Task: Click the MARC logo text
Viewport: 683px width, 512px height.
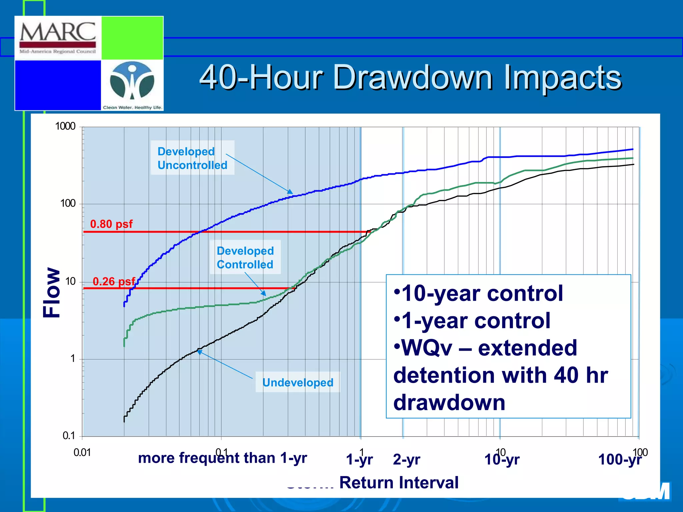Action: (x=58, y=32)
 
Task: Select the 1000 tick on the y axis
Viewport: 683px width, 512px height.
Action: (x=65, y=126)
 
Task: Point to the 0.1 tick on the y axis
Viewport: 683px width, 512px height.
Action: (x=68, y=435)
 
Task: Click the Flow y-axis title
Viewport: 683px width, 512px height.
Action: (x=52, y=292)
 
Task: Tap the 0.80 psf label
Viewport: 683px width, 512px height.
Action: (x=111, y=224)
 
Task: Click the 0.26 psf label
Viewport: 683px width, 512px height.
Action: (x=113, y=281)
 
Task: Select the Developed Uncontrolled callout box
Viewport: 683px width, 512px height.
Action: (x=192, y=158)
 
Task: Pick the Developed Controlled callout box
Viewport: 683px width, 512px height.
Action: (x=245, y=257)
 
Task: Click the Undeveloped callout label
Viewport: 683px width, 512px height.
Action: (x=297, y=382)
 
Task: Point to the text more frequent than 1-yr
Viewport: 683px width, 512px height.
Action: (x=222, y=458)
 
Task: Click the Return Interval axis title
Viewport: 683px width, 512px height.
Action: (x=399, y=482)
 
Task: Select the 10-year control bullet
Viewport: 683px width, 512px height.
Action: (x=479, y=293)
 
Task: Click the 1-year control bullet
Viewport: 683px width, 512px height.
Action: (x=472, y=321)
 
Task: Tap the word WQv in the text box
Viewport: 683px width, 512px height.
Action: (x=427, y=348)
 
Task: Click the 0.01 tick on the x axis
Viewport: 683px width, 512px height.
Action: (x=82, y=452)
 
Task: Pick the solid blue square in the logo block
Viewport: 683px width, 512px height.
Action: (x=58, y=85)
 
